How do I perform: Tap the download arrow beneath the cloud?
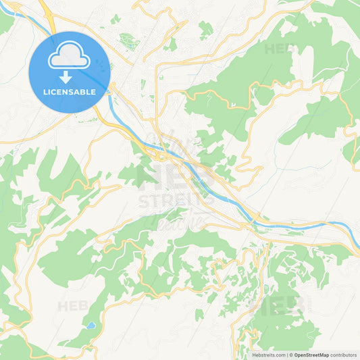(66, 77)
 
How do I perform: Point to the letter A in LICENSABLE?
(78, 92)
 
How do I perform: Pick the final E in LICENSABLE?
(93, 92)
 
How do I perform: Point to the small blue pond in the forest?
(90, 326)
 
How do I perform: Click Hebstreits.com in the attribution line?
(268, 355)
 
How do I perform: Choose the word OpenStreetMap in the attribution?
(311, 355)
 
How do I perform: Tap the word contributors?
(343, 355)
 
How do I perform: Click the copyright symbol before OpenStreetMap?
(291, 355)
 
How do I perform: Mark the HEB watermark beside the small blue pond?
(73, 306)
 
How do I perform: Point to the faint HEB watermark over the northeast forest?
(278, 49)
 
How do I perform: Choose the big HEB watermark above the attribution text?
(277, 305)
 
